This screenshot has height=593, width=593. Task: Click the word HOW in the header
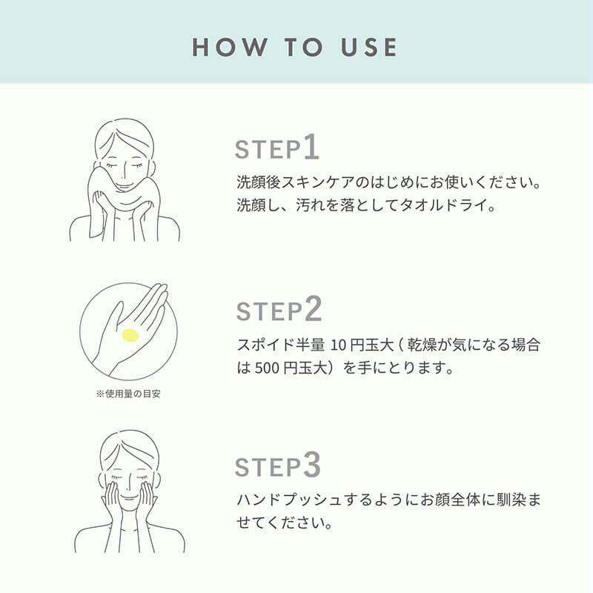click(229, 47)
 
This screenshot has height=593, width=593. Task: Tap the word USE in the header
click(368, 47)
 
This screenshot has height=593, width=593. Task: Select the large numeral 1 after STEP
click(311, 146)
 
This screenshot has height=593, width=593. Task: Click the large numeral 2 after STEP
click(313, 308)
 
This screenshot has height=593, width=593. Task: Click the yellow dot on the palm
click(129, 336)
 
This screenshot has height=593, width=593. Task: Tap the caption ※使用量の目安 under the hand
click(128, 394)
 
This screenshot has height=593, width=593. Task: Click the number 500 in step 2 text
click(267, 368)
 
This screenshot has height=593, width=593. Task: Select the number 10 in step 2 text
click(339, 345)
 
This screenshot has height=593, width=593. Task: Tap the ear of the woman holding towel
click(153, 168)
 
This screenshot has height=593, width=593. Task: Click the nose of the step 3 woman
click(129, 483)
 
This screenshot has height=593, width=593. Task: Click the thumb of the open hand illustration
click(113, 319)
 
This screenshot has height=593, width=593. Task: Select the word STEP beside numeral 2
click(269, 311)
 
